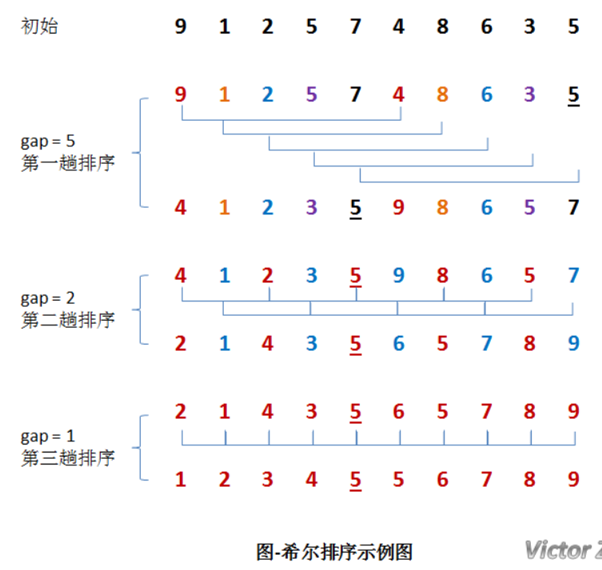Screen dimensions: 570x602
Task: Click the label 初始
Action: [x=39, y=26]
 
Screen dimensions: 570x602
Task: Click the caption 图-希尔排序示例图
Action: [x=334, y=551]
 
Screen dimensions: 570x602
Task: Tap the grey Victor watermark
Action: [x=563, y=549]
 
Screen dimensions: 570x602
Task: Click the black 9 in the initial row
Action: [x=181, y=26]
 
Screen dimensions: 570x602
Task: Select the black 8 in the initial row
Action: [x=442, y=26]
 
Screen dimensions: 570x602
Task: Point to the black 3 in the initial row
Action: [x=529, y=26]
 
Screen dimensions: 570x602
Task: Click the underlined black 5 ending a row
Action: [x=573, y=95]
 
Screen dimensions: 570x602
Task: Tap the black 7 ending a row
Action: [x=573, y=208]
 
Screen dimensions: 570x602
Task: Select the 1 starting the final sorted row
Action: [x=181, y=480]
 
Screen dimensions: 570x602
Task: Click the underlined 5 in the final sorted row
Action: [x=355, y=480]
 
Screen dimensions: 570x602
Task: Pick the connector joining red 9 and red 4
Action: [x=291, y=121]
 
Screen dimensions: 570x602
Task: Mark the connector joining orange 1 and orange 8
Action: [x=333, y=134]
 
